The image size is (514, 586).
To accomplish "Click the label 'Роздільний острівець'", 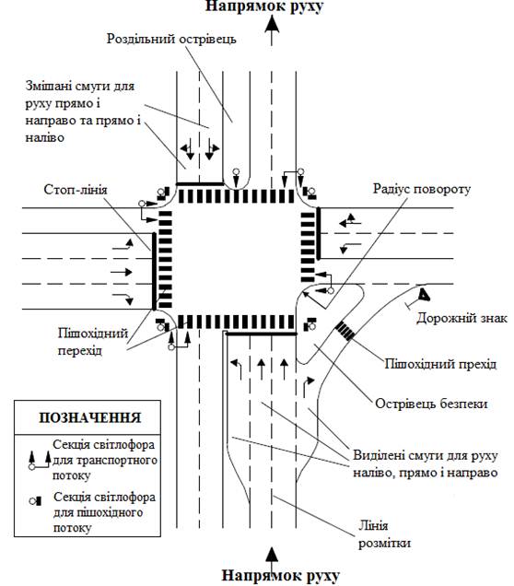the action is [171, 40].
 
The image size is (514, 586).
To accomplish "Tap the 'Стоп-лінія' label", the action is [76, 190].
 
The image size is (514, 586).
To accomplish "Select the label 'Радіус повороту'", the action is [422, 189].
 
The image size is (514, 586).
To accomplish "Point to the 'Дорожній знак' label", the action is [462, 318].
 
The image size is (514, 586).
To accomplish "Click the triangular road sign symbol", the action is [424, 294].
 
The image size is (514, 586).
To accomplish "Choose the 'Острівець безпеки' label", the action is [431, 404].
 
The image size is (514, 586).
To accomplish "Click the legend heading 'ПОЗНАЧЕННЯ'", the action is [89, 417].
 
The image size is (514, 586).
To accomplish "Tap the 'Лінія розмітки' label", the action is [384, 534].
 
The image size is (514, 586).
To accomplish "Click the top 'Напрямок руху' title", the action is [264, 6].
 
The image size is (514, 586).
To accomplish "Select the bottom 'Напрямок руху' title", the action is [281, 576].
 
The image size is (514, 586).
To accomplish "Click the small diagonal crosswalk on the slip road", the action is [345, 331].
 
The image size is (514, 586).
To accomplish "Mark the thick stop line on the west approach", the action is [154, 271].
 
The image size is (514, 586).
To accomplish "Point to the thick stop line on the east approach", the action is [319, 234].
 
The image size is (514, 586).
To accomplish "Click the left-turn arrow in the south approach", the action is [236, 369].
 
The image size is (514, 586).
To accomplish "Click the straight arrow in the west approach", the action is [122, 272].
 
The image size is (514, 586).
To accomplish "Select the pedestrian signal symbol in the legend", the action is [36, 500].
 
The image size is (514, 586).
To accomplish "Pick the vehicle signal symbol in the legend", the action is [40, 461].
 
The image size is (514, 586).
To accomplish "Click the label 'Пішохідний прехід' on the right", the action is [441, 364].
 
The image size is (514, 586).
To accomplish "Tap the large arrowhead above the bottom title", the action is [273, 555].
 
